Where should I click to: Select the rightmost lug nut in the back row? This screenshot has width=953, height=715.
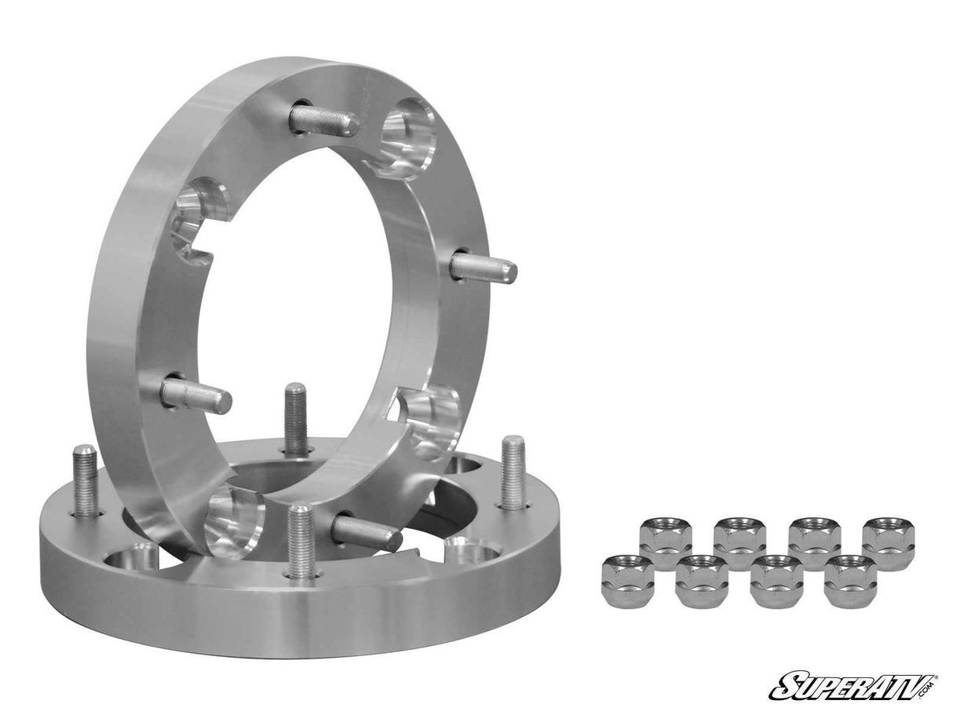(889, 542)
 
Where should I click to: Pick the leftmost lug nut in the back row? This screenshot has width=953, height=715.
(666, 542)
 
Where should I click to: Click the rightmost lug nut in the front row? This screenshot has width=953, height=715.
(851, 579)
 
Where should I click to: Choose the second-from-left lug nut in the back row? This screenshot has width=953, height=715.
(739, 542)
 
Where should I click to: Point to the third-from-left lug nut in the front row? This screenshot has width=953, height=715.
(776, 579)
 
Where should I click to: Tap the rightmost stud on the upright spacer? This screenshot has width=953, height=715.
(484, 268)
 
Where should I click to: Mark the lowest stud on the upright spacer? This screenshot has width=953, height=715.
(366, 533)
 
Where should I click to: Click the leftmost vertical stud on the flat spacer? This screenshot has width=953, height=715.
(86, 480)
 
